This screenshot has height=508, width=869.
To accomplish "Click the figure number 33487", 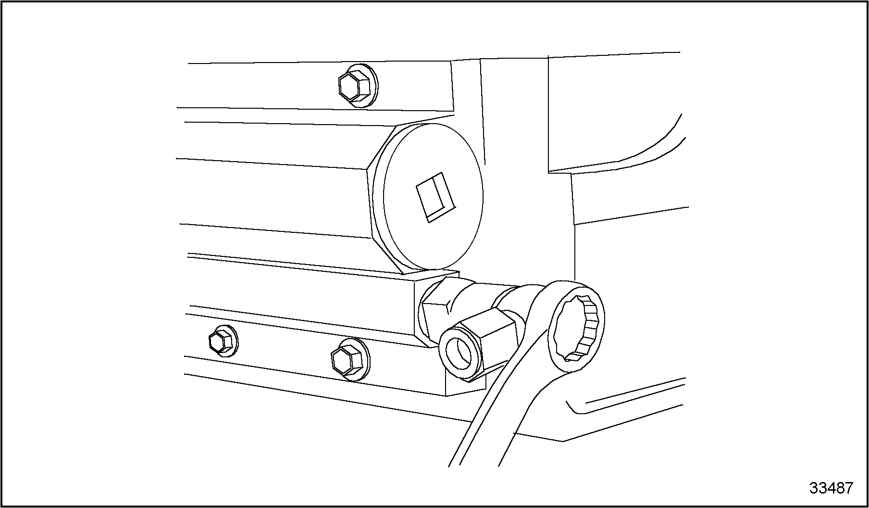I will tap(831, 488).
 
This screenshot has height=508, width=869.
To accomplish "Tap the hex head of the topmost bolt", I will tap(353, 86).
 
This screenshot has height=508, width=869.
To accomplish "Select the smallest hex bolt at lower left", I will tap(221, 342).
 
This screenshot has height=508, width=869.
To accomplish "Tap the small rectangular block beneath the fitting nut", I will tap(464, 387).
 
